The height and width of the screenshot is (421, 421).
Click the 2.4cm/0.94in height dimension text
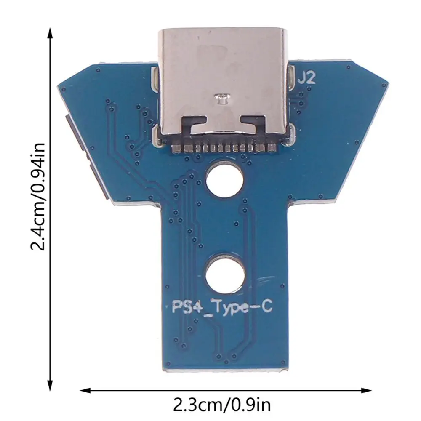click(x=38, y=195)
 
